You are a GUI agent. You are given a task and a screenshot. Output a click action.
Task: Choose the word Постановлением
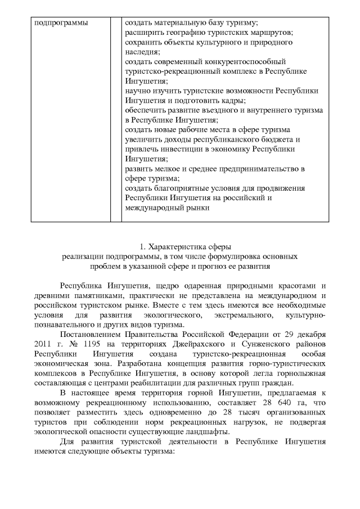[x=92, y=334]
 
